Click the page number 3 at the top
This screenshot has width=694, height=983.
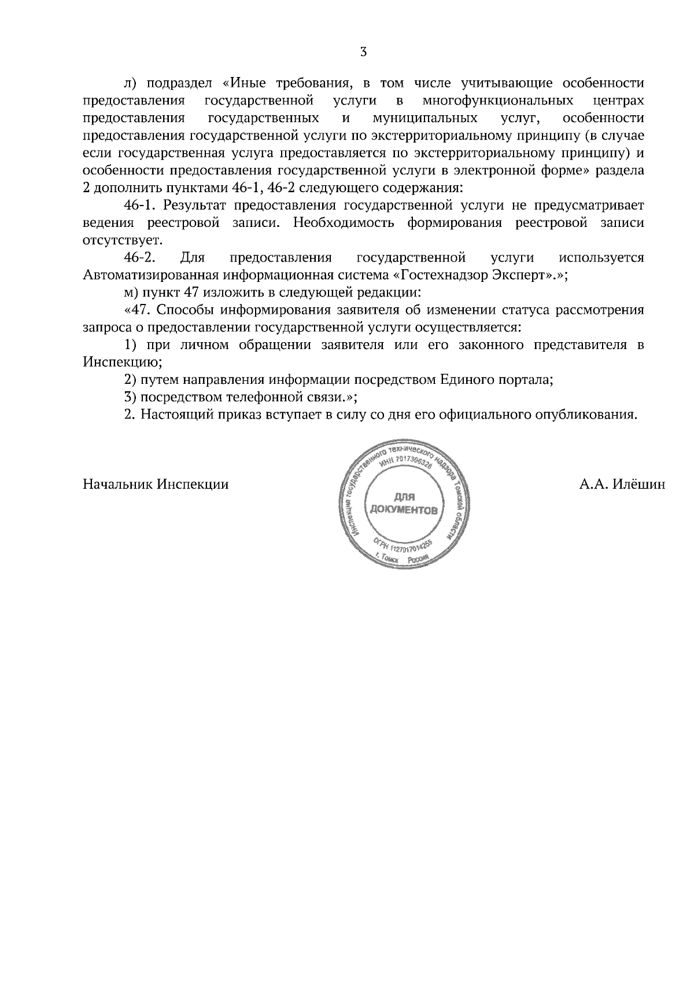[x=363, y=52]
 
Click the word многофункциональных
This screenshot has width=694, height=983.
[x=498, y=101]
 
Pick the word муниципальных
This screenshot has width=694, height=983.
[x=426, y=118]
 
